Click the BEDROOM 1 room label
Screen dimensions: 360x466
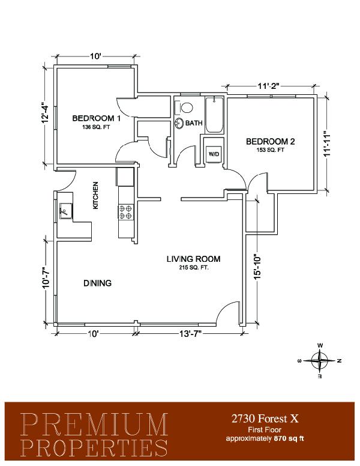pos(96,118)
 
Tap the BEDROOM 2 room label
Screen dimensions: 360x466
pos(270,142)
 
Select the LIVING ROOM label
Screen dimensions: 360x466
pos(193,259)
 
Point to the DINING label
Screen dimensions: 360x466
pos(97,283)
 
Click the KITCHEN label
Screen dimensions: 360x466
pos(95,195)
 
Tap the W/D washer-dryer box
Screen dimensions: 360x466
pos(214,154)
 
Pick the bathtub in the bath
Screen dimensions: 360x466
pos(214,115)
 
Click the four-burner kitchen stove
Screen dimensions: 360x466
pos(126,211)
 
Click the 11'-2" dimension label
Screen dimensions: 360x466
pos(269,86)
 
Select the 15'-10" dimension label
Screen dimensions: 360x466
pos(257,267)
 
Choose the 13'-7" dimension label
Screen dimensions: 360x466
pos(190,334)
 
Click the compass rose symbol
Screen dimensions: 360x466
pos(320,361)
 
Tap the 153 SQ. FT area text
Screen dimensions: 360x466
pos(270,150)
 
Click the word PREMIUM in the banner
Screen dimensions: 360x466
pos(95,424)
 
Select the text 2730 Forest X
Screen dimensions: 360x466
pos(265,419)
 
